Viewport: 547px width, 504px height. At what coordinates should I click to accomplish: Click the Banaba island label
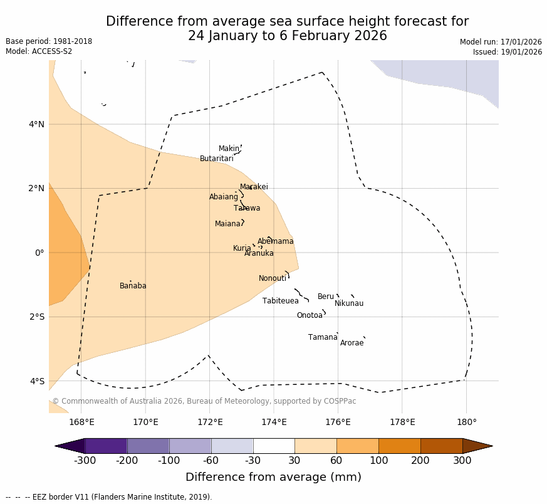[133, 286]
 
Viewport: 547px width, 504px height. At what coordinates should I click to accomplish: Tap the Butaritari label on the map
[217, 159]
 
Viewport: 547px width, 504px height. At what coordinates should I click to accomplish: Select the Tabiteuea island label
[281, 301]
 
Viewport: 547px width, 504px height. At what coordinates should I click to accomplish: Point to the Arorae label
[352, 343]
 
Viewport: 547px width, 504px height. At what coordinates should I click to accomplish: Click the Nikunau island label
[349, 303]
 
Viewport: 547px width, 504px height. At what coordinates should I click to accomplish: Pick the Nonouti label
[273, 278]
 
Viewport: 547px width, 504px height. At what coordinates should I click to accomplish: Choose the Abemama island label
[276, 241]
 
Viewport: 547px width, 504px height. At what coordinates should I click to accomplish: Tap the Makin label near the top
[229, 149]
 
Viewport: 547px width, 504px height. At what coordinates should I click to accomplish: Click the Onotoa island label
[310, 315]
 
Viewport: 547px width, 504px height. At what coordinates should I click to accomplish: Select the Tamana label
[323, 337]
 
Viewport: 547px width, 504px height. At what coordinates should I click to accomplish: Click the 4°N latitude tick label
[36, 124]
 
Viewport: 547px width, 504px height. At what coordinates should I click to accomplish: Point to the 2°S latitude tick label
[36, 317]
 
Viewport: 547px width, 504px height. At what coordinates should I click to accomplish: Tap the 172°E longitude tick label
[210, 422]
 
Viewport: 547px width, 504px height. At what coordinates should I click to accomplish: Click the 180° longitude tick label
[467, 422]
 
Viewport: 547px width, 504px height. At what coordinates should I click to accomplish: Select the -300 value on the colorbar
[84, 461]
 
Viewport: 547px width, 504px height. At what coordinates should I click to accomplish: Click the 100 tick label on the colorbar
[378, 461]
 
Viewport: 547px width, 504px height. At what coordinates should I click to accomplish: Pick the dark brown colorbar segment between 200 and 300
[441, 446]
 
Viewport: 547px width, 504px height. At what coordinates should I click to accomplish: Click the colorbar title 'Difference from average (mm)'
[273, 477]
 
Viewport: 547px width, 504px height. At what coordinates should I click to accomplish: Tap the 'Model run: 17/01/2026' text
[501, 42]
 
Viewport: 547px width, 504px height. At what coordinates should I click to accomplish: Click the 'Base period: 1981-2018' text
[49, 41]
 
